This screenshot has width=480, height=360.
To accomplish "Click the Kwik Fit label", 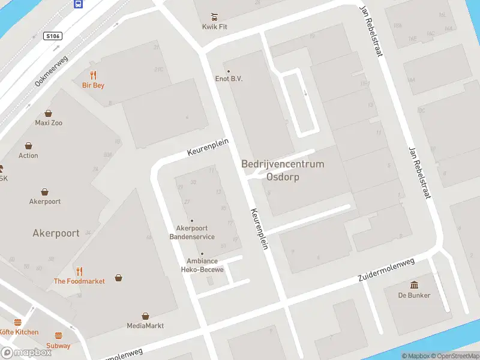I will click(214, 27).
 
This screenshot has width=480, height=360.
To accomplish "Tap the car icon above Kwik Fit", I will click(214, 16).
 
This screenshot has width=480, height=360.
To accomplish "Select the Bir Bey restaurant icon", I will click(93, 75).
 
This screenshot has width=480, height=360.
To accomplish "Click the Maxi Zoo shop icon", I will click(49, 113).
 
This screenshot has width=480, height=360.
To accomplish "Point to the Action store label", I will click(28, 155).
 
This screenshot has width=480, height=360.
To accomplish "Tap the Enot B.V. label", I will click(229, 79).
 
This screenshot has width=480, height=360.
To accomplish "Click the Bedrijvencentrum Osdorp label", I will click(283, 170).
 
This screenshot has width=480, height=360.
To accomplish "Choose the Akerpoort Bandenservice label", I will click(192, 232).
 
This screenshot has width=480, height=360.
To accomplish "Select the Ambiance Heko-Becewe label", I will click(202, 265).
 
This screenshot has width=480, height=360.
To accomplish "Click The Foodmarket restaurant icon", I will click(79, 271).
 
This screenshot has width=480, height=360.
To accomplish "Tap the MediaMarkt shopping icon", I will click(145, 316).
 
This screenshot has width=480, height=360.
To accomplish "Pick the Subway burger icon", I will click(59, 335).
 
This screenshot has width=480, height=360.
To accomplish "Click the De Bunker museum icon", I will click(415, 284).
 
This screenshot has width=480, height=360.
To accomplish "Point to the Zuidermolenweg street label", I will click(386, 271).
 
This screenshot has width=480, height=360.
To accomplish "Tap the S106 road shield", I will click(53, 36).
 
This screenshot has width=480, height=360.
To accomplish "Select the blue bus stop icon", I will click(79, 4).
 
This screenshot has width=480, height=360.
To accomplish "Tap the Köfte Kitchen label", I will click(19, 332).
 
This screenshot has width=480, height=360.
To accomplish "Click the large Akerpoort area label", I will click(56, 233).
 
